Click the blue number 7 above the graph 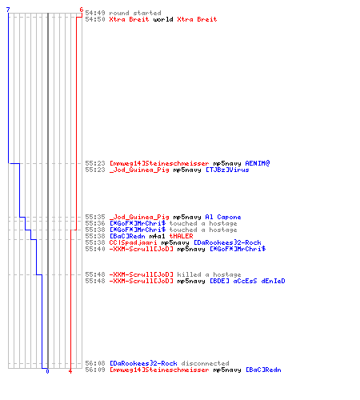[8, 10]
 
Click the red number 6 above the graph [82, 10]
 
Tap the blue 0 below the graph [47, 371]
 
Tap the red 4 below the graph [70, 371]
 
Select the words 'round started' [135, 13]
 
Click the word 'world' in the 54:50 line [163, 19]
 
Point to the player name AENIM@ [258, 163]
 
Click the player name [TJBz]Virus [227, 170]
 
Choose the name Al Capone [223, 217]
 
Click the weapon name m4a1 [157, 236]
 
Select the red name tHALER [181, 236]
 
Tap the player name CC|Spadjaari [133, 242]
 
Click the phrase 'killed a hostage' [209, 274]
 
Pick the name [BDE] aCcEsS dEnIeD [247, 281]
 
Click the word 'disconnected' [205, 363]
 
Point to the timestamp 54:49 [95, 13]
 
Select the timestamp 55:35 [95, 217]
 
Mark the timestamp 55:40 [95, 249]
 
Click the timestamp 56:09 [95, 370]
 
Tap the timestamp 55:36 [95, 223]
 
